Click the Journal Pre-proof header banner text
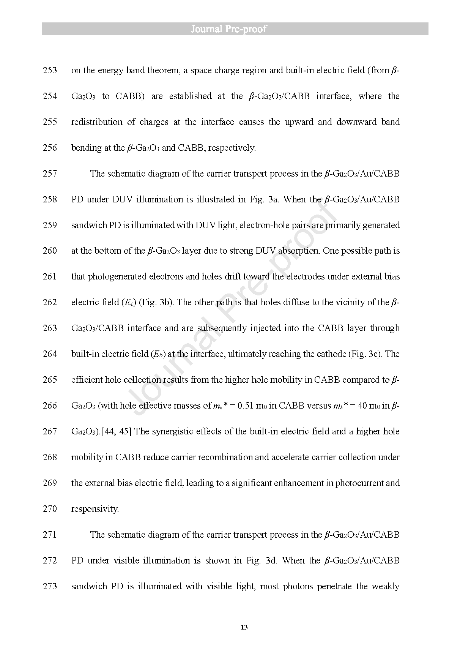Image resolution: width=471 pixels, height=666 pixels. click(228, 29)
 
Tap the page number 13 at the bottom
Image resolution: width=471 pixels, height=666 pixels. click(244, 627)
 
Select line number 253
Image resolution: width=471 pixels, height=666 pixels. click(50, 70)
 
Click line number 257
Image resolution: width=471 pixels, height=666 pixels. click(50, 174)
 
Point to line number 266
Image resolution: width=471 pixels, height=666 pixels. click(50, 406)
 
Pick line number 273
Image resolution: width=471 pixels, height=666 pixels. click(50, 586)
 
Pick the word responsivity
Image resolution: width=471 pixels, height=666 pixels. click(95, 509)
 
